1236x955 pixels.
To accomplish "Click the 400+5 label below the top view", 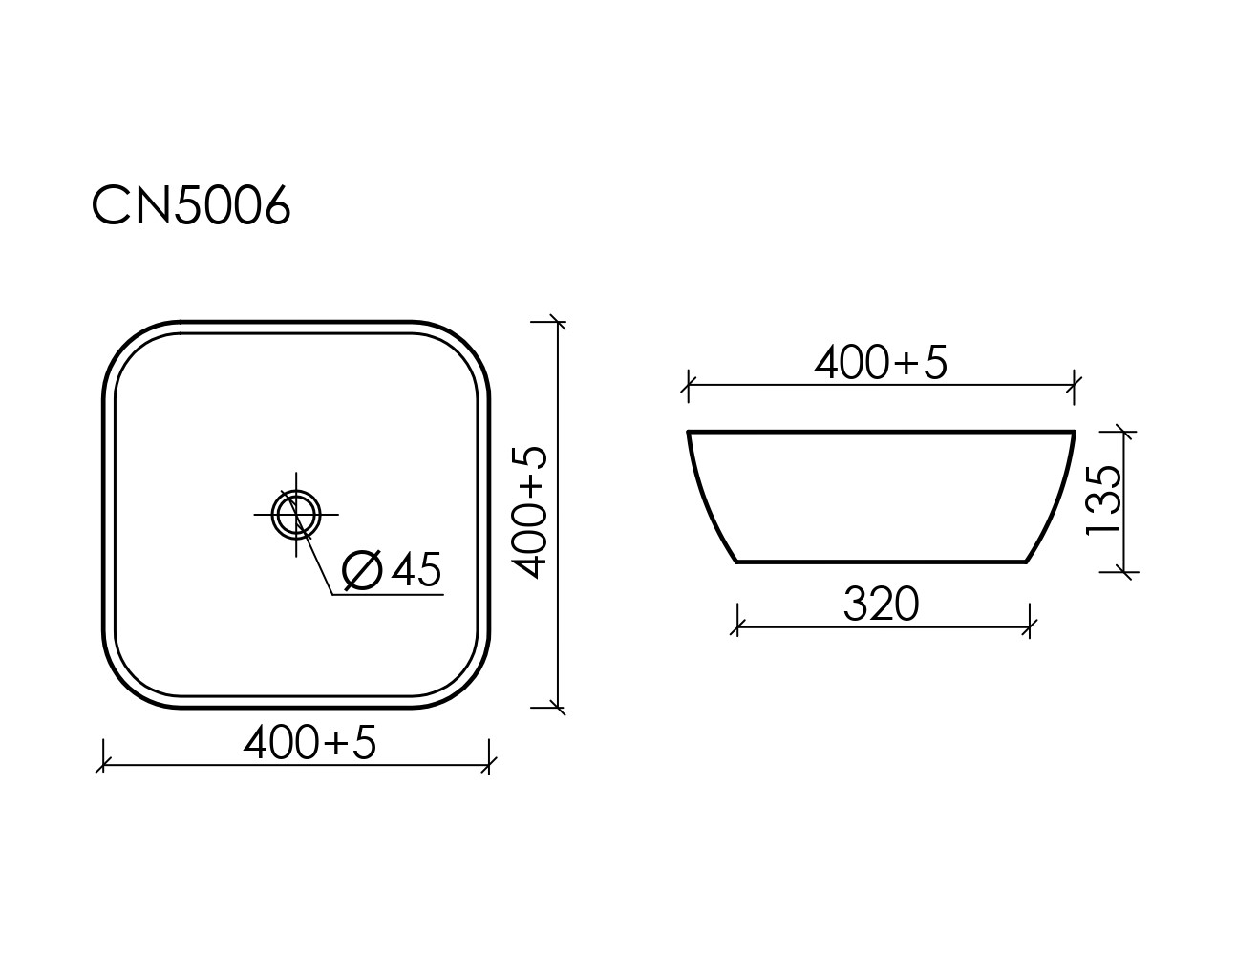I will click(309, 742).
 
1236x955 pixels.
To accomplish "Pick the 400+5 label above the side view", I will click(881, 363).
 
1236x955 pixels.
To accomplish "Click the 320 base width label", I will click(881, 605).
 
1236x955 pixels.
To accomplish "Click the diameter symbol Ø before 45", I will click(362, 570).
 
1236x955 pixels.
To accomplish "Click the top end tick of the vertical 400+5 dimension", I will click(559, 323).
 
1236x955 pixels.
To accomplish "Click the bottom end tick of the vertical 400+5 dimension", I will click(559, 708).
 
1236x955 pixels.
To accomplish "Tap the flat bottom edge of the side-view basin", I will click(881, 562).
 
